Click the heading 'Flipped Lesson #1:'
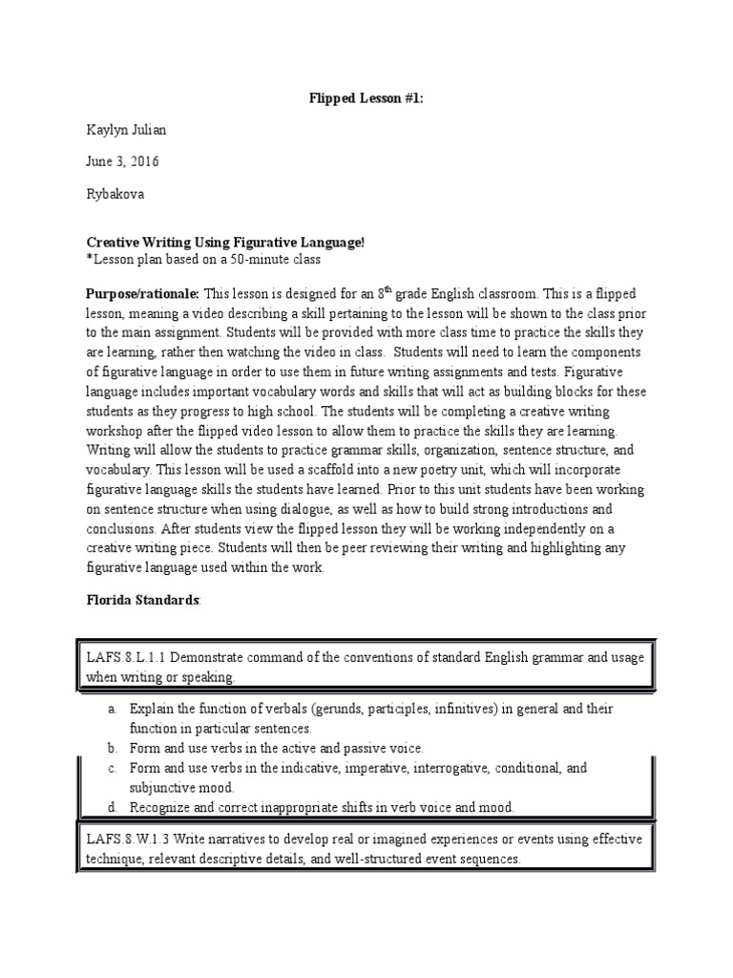click(x=366, y=96)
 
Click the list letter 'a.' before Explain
click(x=113, y=710)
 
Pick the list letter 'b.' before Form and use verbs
click(x=113, y=748)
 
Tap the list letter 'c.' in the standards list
click(x=113, y=768)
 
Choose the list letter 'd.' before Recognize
click(x=113, y=807)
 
